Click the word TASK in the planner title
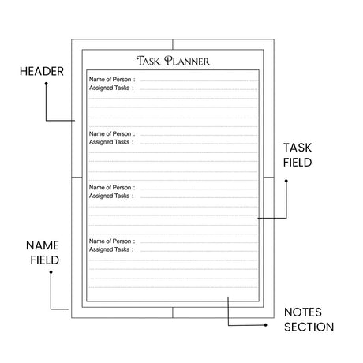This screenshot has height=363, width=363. pos(148,61)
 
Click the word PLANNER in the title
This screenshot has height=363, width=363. pos(187,61)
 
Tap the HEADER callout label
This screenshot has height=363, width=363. pos(42,72)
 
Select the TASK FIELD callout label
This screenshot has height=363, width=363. pos(298,155)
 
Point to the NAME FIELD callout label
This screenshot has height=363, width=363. pos(43,253)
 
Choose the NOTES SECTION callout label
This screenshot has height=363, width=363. pos(309,320)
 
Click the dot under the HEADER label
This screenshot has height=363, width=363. pos(46,84)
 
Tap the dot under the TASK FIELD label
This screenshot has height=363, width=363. pos(286,181)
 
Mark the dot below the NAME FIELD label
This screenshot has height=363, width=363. pos(51,272)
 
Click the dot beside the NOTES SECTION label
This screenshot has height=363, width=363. pos(266,325)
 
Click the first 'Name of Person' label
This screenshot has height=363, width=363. pos(110,80)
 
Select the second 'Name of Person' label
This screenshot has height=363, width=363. pos(110,134)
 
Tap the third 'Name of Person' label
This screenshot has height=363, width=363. pos(110,188)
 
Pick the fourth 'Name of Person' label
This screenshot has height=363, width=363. pos(110,241)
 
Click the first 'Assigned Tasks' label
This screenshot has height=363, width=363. pos(109,88)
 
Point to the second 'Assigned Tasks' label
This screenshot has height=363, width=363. pos(109,142)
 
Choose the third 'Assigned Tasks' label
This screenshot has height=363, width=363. pos(109,196)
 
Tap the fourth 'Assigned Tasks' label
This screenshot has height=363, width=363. pos(109,249)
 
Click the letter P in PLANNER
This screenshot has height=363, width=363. pos(168,61)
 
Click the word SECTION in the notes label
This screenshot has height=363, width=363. pos(309,327)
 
